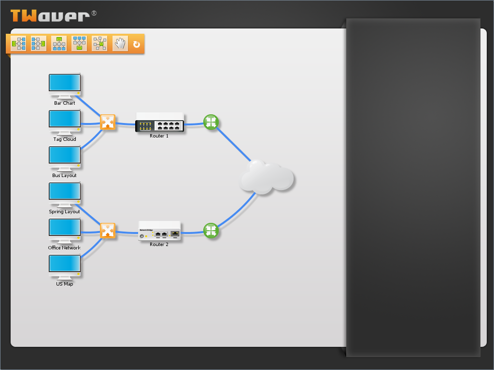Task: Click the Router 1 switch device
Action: [159, 123]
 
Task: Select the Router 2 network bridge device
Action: [159, 231]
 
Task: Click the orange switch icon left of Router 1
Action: [107, 122]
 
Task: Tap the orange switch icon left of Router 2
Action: [107, 231]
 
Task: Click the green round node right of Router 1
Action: [211, 122]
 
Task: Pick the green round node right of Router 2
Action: [211, 231]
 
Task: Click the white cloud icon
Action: [267, 178]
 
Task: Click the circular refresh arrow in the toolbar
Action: [137, 44]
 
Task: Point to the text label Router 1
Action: [159, 136]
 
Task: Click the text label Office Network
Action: [64, 248]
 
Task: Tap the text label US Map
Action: [65, 284]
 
